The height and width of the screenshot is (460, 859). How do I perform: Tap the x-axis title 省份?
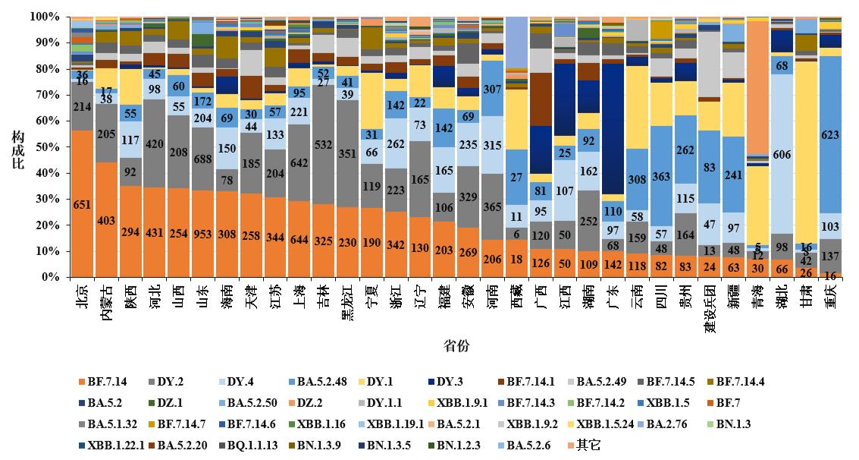(456, 346)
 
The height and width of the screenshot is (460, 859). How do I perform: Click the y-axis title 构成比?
(17, 147)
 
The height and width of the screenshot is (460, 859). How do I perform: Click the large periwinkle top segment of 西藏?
(517, 42)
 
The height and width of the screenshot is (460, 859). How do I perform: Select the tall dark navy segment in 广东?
(613, 129)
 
